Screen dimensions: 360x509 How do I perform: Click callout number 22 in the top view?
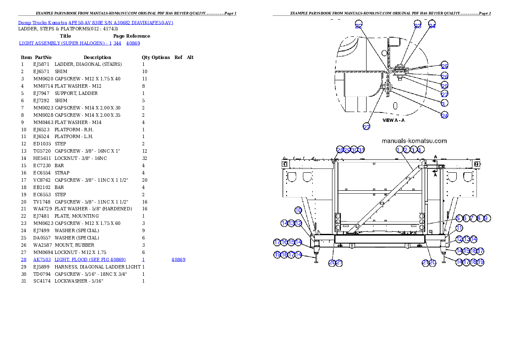[358, 26]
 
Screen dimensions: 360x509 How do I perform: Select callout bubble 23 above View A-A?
[417, 26]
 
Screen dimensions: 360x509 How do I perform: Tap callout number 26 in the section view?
[444, 76]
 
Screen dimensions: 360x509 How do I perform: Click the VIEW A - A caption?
[393, 121]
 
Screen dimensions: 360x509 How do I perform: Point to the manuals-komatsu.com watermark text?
[414, 141]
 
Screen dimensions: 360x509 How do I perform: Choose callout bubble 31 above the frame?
[361, 150]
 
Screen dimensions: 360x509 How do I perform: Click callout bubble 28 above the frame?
[340, 150]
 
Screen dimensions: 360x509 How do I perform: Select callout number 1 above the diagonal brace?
[399, 150]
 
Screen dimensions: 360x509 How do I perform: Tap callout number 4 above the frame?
[420, 150]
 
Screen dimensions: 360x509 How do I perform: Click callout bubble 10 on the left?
[299, 210]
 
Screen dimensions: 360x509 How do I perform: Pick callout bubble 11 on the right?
[459, 228]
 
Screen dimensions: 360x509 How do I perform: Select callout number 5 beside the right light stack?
[458, 218]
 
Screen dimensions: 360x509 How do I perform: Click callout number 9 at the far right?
[486, 218]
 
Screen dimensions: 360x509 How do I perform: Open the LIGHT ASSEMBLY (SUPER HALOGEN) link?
[62, 43]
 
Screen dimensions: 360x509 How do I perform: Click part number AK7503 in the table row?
[42, 260]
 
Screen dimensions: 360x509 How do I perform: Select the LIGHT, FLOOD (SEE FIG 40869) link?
[90, 260]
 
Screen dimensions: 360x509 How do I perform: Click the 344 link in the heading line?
[117, 43]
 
